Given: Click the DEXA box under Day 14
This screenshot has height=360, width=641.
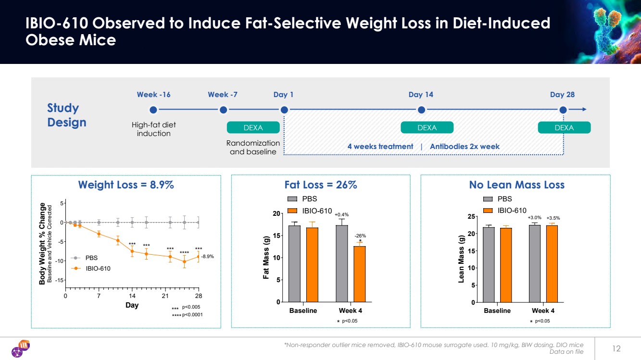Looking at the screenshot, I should point(427,127).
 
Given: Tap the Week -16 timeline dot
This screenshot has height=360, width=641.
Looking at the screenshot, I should point(153,110).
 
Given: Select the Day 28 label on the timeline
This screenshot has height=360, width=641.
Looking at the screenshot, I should point(562,95).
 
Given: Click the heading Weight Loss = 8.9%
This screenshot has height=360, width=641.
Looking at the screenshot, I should point(126,185).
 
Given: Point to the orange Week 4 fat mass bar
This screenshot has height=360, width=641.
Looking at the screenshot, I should point(360,274).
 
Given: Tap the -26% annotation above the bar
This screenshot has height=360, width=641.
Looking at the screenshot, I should point(360,236).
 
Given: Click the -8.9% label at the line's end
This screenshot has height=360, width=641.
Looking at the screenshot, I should point(207,257).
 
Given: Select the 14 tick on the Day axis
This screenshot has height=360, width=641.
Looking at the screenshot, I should point(132,296).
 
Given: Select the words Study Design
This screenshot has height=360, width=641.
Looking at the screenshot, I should point(66,115).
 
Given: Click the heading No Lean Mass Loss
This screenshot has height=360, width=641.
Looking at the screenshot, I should point(516,185).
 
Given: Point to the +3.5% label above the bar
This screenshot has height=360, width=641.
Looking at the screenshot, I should point(553,218).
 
